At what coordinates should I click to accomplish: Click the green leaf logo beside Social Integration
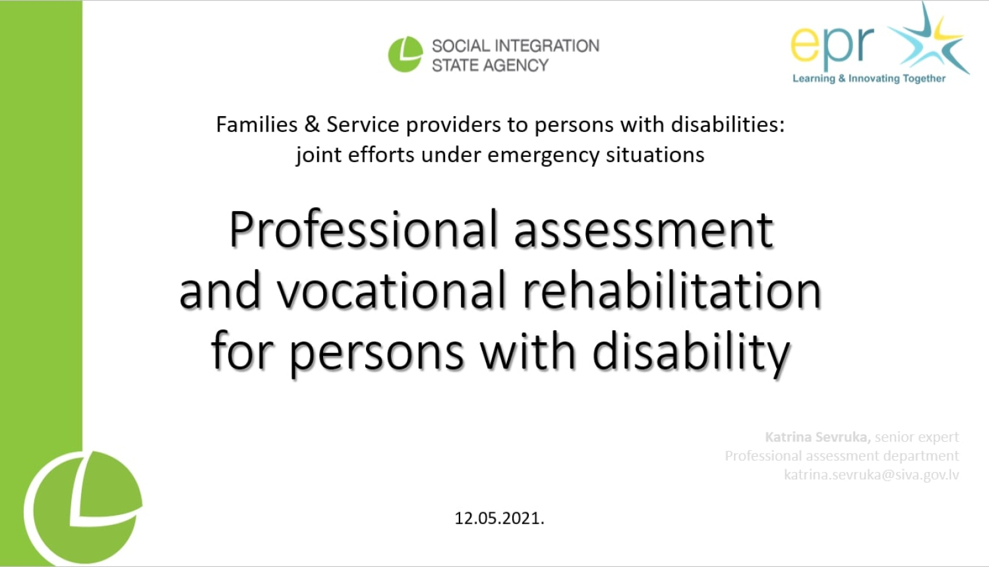click(405, 54)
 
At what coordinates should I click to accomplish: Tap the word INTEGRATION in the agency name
click(547, 45)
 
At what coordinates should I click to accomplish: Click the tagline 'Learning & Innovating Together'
click(868, 78)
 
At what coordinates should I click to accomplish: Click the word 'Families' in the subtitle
click(256, 125)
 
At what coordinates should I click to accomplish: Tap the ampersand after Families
click(312, 125)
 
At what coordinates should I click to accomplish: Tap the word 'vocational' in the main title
click(391, 291)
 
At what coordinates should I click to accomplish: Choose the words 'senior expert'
click(916, 437)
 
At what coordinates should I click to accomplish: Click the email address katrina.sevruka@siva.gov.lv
click(871, 475)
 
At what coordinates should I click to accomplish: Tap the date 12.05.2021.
click(499, 518)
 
